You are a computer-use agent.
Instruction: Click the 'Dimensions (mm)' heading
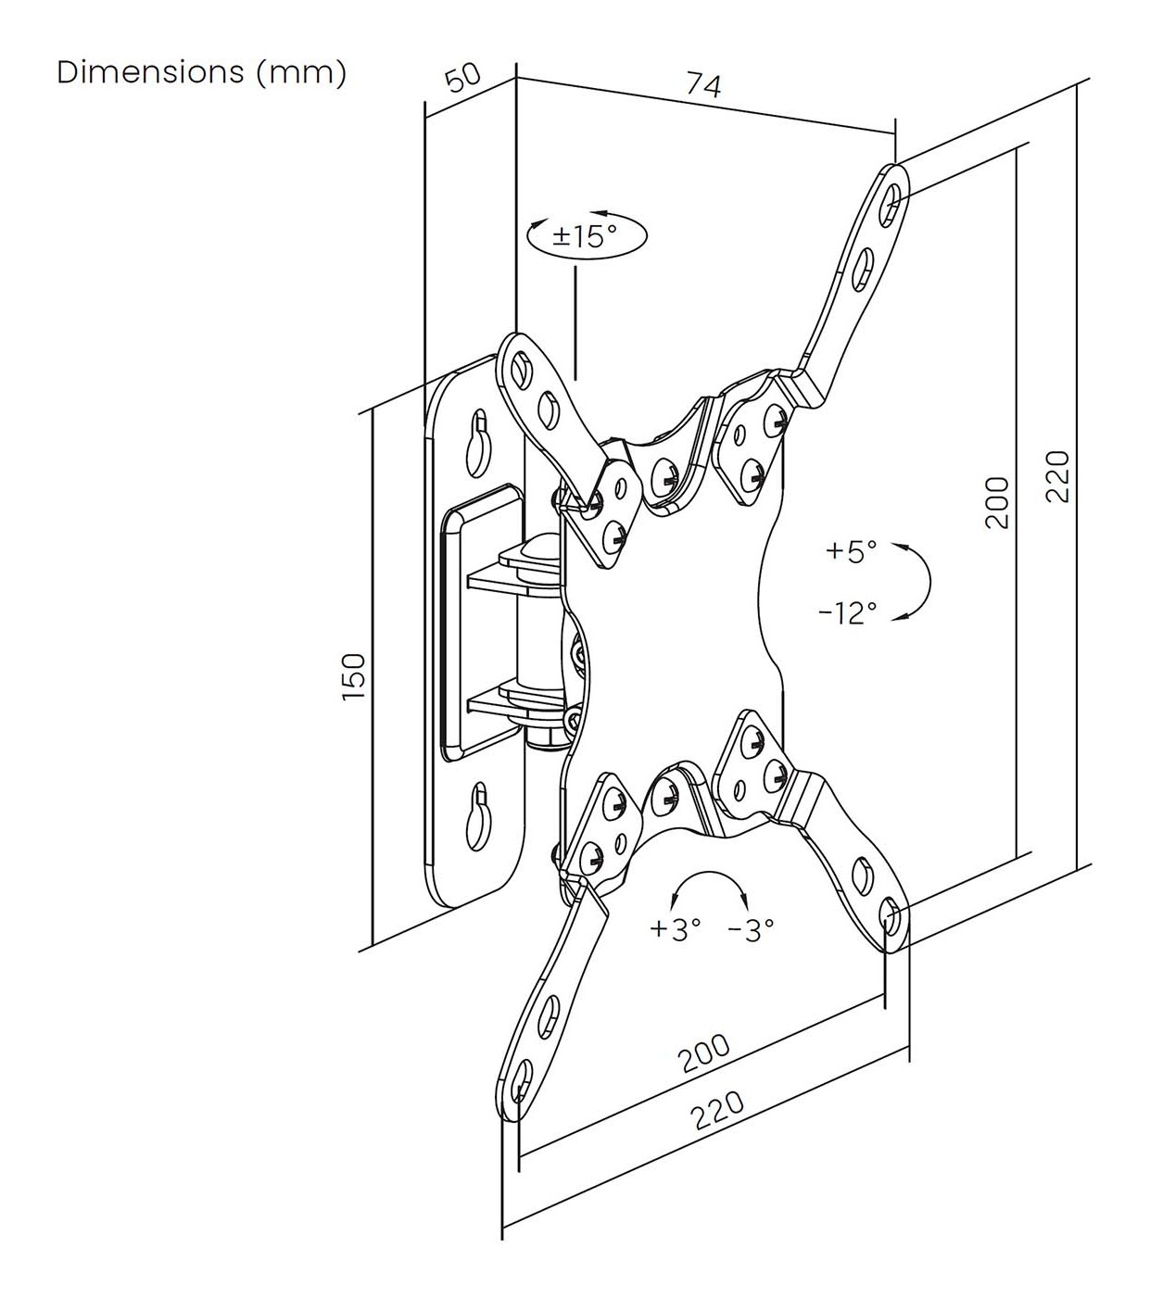coord(201,72)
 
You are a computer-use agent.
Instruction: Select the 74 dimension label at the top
coord(703,85)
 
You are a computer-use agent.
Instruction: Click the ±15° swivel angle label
coord(585,235)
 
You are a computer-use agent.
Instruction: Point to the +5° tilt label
coord(851,552)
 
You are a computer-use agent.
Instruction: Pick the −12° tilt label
coord(848,612)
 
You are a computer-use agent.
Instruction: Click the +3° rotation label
coord(675,929)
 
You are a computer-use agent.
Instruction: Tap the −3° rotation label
coord(752,929)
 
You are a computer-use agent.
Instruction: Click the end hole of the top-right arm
coord(891,199)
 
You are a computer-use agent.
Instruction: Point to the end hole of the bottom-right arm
coord(891,921)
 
